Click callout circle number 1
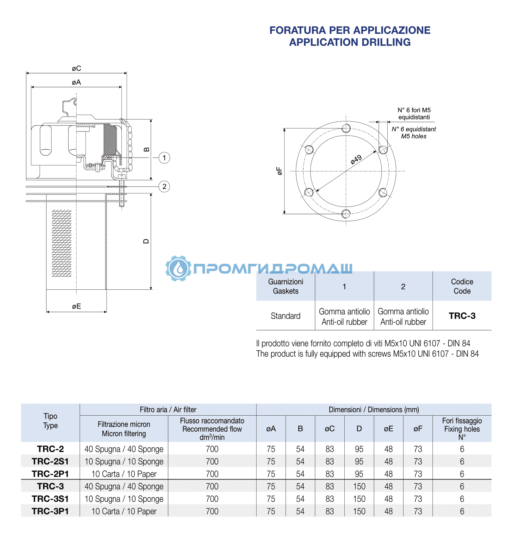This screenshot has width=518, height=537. tap(164, 158)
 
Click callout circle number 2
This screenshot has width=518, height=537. tap(164, 186)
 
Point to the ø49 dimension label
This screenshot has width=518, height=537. tap(356, 159)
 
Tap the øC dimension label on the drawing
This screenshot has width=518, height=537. tap(77, 68)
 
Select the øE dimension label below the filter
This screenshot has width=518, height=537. tap(77, 306)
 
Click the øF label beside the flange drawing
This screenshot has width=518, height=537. tap(279, 171)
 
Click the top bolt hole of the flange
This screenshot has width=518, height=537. tap(346, 128)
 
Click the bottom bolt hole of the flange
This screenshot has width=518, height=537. tap(346, 213)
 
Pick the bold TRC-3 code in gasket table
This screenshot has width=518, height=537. tap(462, 316)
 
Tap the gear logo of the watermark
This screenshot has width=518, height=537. tap(178, 268)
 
